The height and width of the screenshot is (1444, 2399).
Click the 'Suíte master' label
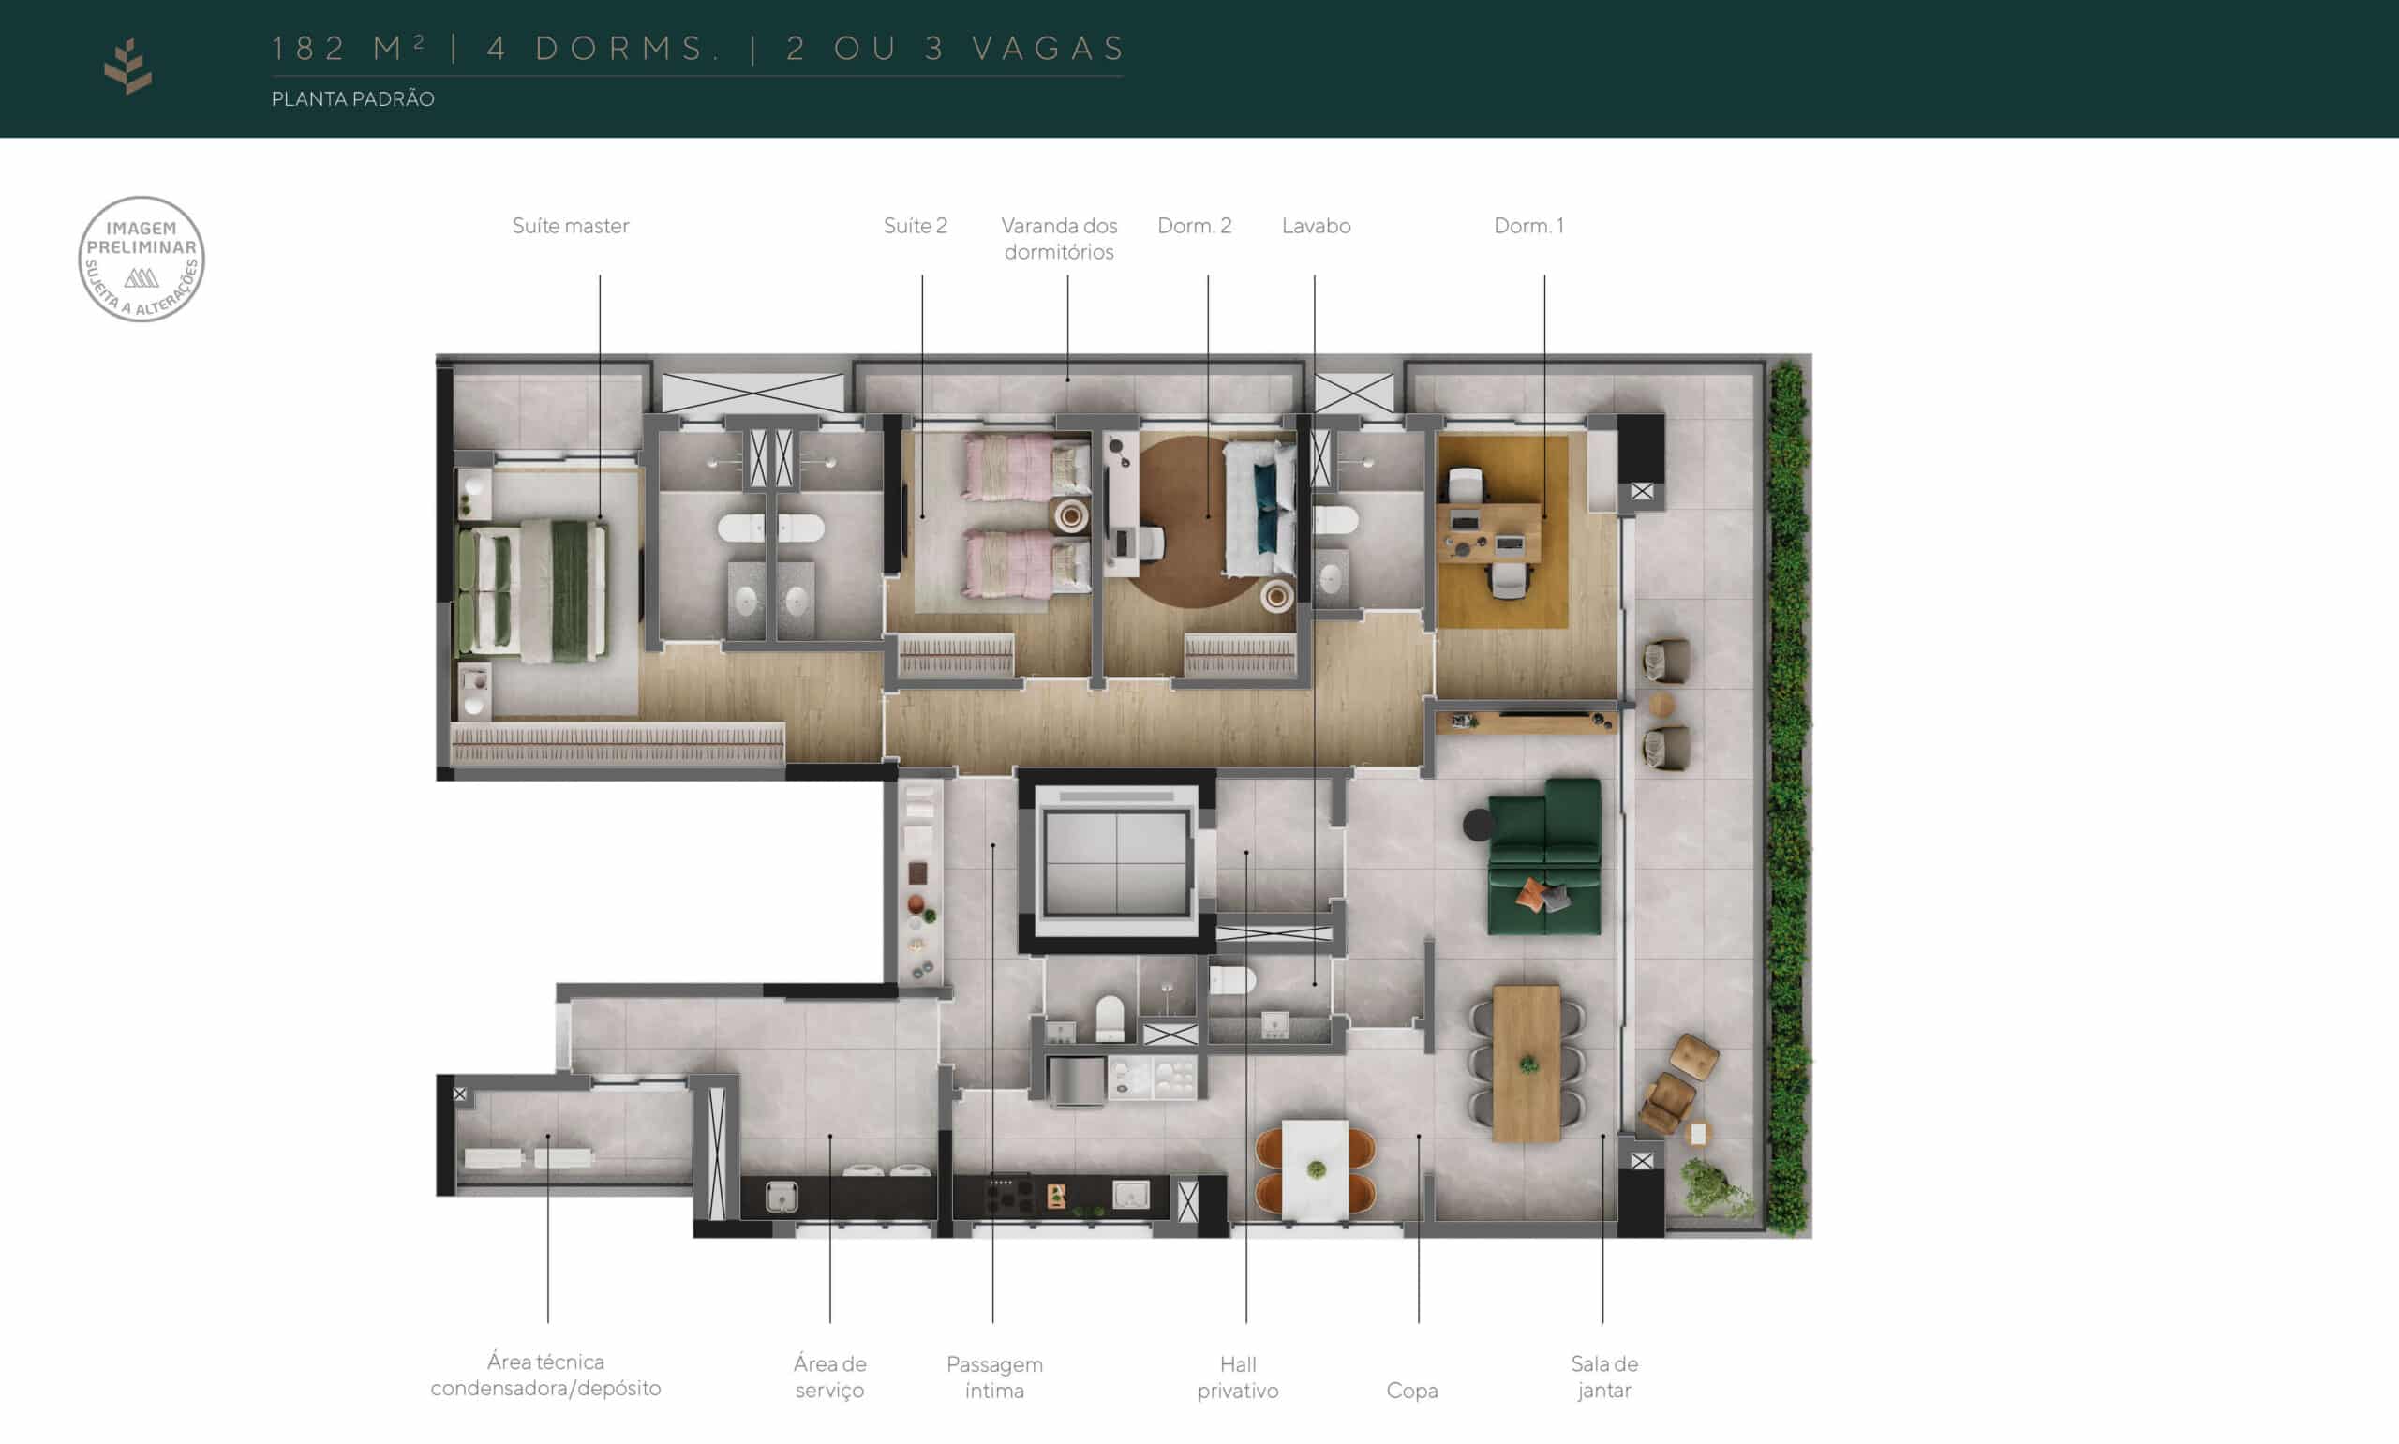click(x=570, y=226)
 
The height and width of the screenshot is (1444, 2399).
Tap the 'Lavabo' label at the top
click(x=1316, y=226)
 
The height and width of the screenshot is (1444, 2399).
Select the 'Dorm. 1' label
click(x=1528, y=226)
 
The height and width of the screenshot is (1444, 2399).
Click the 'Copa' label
click(x=1411, y=1391)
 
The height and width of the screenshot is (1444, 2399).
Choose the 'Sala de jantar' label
click(x=1603, y=1377)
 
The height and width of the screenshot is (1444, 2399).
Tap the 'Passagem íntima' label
click(x=994, y=1377)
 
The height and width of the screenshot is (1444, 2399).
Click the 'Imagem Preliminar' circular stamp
click(x=142, y=259)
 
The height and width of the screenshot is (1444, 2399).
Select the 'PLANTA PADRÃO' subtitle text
click(x=352, y=98)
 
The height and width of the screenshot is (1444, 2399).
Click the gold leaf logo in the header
click(x=128, y=67)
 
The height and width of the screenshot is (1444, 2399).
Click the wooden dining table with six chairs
click(x=1527, y=1063)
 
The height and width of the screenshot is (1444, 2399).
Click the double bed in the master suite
click(x=533, y=589)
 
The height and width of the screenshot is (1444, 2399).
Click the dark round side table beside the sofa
click(x=1478, y=826)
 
